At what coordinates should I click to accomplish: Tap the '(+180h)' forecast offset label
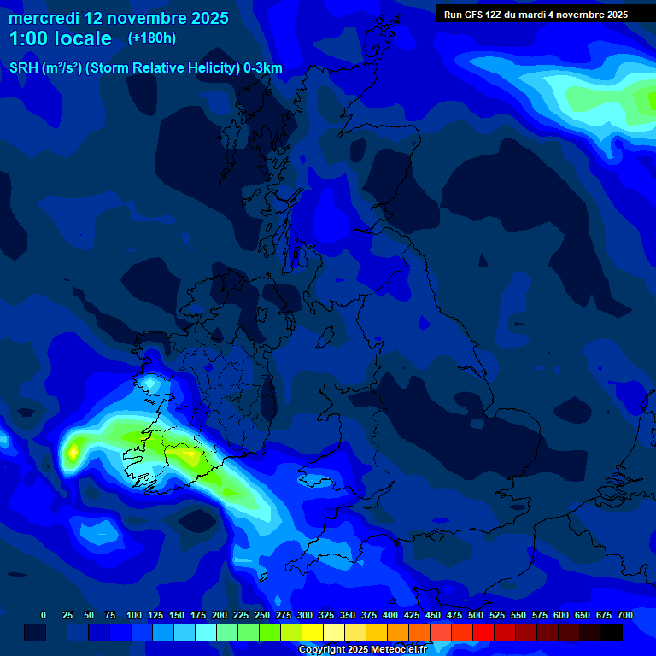[151, 38]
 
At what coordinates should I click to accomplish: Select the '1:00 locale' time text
[60, 38]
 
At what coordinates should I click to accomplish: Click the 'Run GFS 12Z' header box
[536, 14]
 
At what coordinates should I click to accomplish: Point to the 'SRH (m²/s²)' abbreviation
[45, 68]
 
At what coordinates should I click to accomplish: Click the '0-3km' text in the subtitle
[263, 68]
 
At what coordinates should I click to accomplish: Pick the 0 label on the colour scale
[44, 615]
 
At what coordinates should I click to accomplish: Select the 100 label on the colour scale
[134, 615]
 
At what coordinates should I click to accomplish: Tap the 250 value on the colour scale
[262, 615]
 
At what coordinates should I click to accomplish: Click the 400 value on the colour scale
[390, 615]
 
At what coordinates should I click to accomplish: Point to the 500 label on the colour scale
[476, 615]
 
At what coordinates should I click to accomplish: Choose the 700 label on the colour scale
[625, 615]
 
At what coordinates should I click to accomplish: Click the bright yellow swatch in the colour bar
[313, 633]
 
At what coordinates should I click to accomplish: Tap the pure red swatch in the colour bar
[483, 633]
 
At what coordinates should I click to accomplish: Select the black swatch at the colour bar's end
[612, 633]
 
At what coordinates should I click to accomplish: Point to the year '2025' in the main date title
[204, 18]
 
